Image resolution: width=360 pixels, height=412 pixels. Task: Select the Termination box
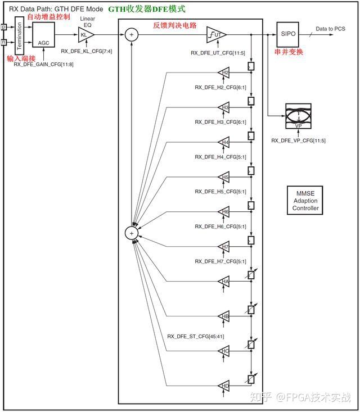pyautogui.click(x=19, y=34)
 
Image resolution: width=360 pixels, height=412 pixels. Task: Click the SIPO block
pyautogui.click(x=288, y=34)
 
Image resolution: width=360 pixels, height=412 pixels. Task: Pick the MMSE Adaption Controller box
pyautogui.click(x=305, y=201)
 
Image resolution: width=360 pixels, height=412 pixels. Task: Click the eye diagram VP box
pyautogui.click(x=298, y=116)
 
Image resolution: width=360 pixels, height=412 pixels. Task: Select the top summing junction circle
pyautogui.click(x=132, y=34)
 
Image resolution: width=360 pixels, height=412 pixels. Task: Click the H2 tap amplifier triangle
pyautogui.click(x=224, y=73)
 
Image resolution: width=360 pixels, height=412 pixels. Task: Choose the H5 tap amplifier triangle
pyautogui.click(x=224, y=177)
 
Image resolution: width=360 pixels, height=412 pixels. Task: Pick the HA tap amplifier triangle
pyautogui.click(x=224, y=281)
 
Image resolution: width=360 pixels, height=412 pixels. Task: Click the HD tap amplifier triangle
pyautogui.click(x=224, y=386)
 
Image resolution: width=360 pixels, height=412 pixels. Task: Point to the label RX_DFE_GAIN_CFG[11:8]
pyautogui.click(x=43, y=65)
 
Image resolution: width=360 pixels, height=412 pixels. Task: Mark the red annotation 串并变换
pyautogui.click(x=289, y=52)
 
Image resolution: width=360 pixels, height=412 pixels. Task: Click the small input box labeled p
pyautogui.click(x=4, y=26)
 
